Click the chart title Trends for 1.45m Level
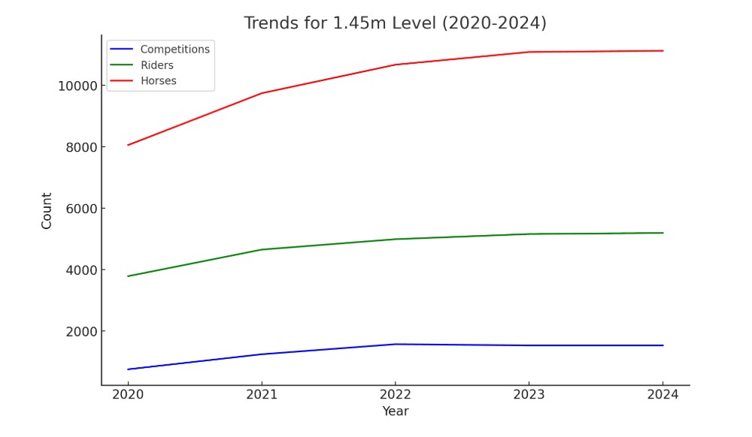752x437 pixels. coord(395,23)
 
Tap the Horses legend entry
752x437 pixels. coord(158,81)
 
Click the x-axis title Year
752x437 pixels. coord(395,411)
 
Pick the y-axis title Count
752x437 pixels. coord(47,211)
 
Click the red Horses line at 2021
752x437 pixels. coord(261,93)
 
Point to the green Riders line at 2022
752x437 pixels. coord(395,239)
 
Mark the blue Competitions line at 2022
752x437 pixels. coord(395,344)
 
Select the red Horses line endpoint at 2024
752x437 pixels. coord(663,51)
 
